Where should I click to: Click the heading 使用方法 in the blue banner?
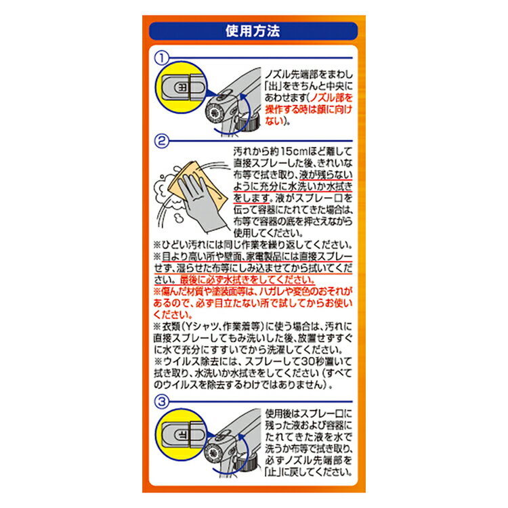point(253,31)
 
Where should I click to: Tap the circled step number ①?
point(161,59)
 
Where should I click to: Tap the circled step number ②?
point(161,142)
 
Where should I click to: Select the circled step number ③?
point(161,401)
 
